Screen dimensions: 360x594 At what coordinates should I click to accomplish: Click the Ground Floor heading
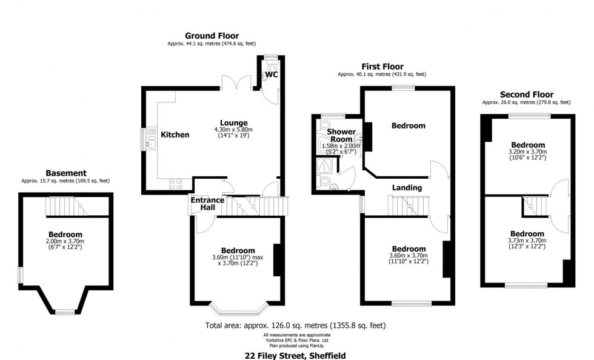pyautogui.click(x=212, y=36)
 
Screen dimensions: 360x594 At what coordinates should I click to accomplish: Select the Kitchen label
pyautogui.click(x=175, y=135)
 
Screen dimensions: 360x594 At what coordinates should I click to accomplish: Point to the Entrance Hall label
pyautogui.click(x=208, y=204)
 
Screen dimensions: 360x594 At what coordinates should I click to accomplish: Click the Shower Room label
pyautogui.click(x=341, y=135)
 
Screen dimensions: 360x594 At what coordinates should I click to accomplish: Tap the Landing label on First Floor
pyautogui.click(x=407, y=187)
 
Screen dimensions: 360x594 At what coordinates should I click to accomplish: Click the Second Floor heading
pyautogui.click(x=526, y=95)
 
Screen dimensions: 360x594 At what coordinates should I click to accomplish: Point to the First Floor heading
pyautogui.click(x=382, y=67)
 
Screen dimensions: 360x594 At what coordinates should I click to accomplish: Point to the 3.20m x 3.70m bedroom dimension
pyautogui.click(x=527, y=152)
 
